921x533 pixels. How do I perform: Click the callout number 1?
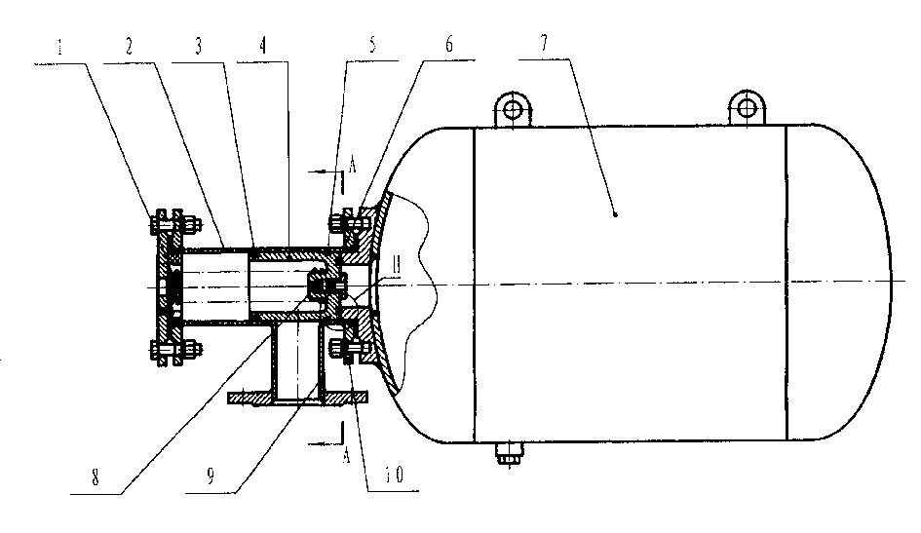[x=59, y=47]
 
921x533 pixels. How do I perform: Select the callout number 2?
[x=129, y=47]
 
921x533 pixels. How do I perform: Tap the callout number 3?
[x=199, y=46]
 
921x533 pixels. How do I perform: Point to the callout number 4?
[x=263, y=45]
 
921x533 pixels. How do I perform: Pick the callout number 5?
[x=372, y=45]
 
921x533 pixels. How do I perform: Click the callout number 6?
[x=449, y=44]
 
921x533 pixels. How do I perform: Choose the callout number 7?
[x=544, y=43]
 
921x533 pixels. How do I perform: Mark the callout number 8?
[x=96, y=477]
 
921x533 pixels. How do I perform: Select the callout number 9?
[x=211, y=476]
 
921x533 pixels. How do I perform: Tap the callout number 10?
[x=394, y=475]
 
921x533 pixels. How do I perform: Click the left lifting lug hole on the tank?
[x=514, y=108]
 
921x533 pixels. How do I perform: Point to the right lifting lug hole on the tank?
[x=747, y=107]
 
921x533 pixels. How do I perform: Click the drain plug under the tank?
[x=509, y=452]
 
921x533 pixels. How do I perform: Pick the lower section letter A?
[x=347, y=455]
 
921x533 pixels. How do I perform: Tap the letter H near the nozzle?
[x=397, y=265]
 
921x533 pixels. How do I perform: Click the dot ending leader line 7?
[x=616, y=214]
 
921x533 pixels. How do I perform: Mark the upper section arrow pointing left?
[x=325, y=171]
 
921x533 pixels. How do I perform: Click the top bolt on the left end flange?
[x=175, y=224]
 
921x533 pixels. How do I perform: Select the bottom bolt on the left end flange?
[x=175, y=350]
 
